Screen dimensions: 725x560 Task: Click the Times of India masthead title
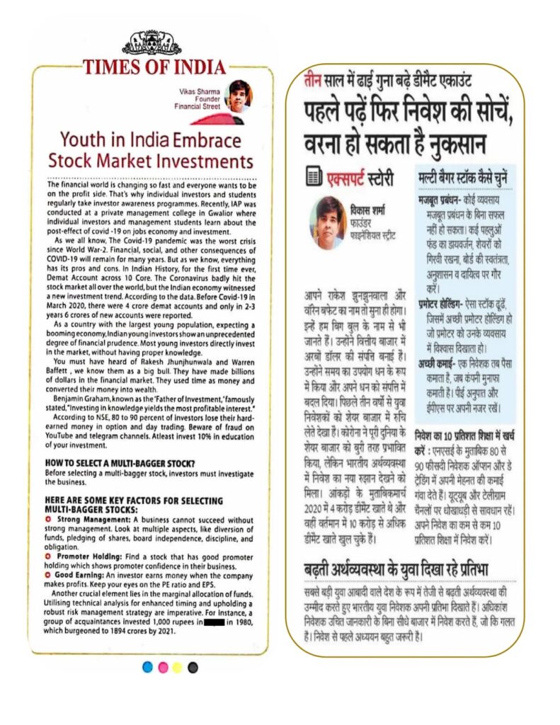point(154,67)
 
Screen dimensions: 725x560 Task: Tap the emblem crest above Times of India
point(152,43)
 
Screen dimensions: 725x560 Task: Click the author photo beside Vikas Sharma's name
point(238,95)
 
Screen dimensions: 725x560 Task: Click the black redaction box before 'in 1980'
point(215,622)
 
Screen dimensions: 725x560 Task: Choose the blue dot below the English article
point(147,668)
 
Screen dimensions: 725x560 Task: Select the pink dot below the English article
point(162,668)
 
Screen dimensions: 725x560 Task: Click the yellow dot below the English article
point(177,668)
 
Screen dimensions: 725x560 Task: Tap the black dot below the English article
point(193,668)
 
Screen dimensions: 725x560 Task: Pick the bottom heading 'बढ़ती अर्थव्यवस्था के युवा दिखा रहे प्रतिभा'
point(401,571)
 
